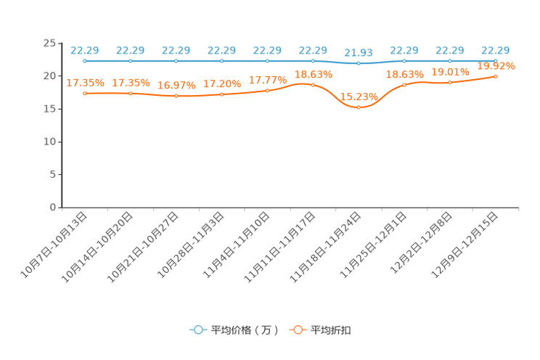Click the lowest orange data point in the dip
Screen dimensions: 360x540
pyautogui.click(x=359, y=107)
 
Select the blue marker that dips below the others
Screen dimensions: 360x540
pyautogui.click(x=359, y=63)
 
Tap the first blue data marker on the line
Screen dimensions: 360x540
pyautogui.click(x=85, y=61)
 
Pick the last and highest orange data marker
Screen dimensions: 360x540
pyautogui.click(x=496, y=75)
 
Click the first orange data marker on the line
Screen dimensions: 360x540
pyautogui.click(x=85, y=94)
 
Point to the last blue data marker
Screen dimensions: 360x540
pyautogui.click(x=496, y=61)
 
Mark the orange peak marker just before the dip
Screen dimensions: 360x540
pyautogui.click(x=313, y=84)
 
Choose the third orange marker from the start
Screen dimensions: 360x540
pyautogui.click(x=176, y=97)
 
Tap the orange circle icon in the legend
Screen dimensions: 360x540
pyautogui.click(x=298, y=330)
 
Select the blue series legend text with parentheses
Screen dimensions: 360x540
pyautogui.click(x=245, y=330)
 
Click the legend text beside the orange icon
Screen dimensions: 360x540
pyautogui.click(x=332, y=330)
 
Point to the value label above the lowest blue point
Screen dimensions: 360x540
pyautogui.click(x=359, y=52)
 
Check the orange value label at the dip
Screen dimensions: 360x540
pyautogui.click(x=359, y=96)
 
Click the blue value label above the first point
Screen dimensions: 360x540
pyautogui.click(x=85, y=49)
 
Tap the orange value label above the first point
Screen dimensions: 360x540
pyautogui.click(x=85, y=82)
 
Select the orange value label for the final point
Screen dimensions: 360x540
pyautogui.click(x=496, y=66)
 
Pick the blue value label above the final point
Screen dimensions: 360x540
pyautogui.click(x=496, y=49)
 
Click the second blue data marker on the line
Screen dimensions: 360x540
pyautogui.click(x=131, y=61)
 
